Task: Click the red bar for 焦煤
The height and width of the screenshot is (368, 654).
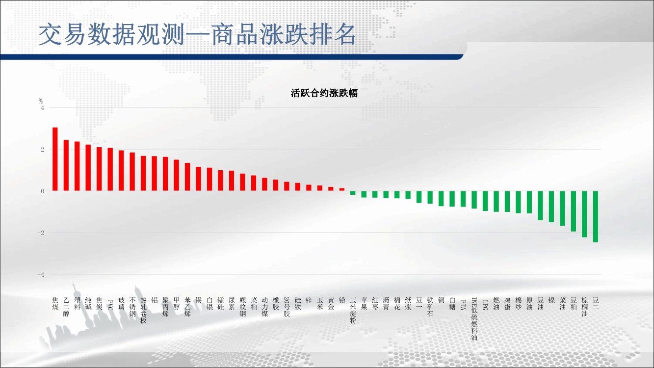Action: click(x=55, y=159)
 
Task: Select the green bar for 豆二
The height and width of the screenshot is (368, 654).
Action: click(x=595, y=216)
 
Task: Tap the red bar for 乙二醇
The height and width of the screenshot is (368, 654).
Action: click(x=66, y=165)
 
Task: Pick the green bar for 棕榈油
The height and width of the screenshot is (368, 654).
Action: click(x=584, y=214)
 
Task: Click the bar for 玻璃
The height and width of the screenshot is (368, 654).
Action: click(x=121, y=171)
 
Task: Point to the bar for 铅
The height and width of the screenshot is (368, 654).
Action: click(x=342, y=189)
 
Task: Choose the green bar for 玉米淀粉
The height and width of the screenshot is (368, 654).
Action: click(x=353, y=193)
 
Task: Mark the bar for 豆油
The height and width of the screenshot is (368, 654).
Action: click(x=540, y=206)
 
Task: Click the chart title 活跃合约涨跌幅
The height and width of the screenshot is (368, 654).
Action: click(x=324, y=93)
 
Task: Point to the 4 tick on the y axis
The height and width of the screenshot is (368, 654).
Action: click(x=43, y=108)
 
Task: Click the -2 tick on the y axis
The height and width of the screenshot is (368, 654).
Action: click(x=41, y=233)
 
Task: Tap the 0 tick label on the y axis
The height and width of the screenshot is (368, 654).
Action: click(x=43, y=191)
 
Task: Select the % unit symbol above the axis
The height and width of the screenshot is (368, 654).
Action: click(x=41, y=101)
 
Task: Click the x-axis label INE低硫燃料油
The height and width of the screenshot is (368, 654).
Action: click(x=474, y=319)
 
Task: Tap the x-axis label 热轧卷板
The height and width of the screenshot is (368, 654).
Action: click(x=143, y=311)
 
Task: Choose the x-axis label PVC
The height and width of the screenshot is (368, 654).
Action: click(x=110, y=305)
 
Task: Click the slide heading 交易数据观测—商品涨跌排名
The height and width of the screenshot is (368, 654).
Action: click(x=197, y=34)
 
